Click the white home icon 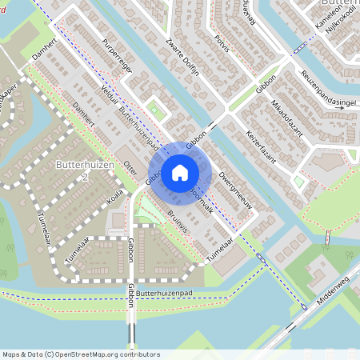(180, 172)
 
